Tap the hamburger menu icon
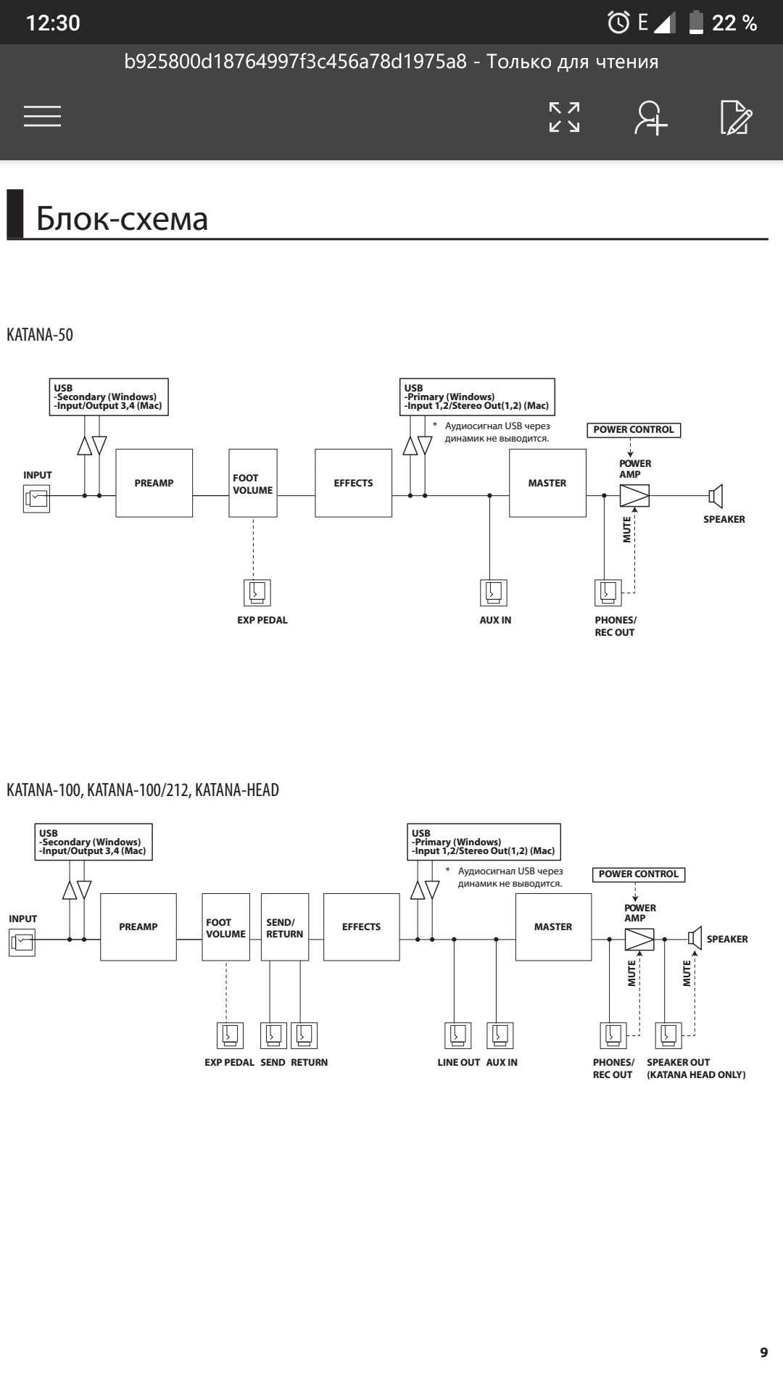click(x=42, y=116)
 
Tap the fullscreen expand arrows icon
click(x=564, y=117)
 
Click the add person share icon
click(x=650, y=117)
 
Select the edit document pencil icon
click(x=736, y=117)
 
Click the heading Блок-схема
click(x=122, y=217)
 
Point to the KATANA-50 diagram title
click(x=40, y=335)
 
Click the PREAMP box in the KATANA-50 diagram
click(x=154, y=483)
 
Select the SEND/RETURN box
click(x=284, y=927)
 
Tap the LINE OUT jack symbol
click(x=457, y=1035)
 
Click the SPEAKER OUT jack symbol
click(x=668, y=1035)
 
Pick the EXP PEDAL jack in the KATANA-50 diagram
click(x=257, y=592)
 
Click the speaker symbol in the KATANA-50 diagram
click(x=716, y=496)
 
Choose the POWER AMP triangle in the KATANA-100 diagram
click(x=639, y=940)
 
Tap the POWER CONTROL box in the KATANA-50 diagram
click(x=634, y=430)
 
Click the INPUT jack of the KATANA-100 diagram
click(x=22, y=942)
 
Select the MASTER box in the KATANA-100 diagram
click(x=553, y=927)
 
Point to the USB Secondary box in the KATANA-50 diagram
click(x=109, y=397)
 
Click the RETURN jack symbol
click(x=304, y=1035)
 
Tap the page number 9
click(x=763, y=1352)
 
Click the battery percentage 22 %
click(x=734, y=23)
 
